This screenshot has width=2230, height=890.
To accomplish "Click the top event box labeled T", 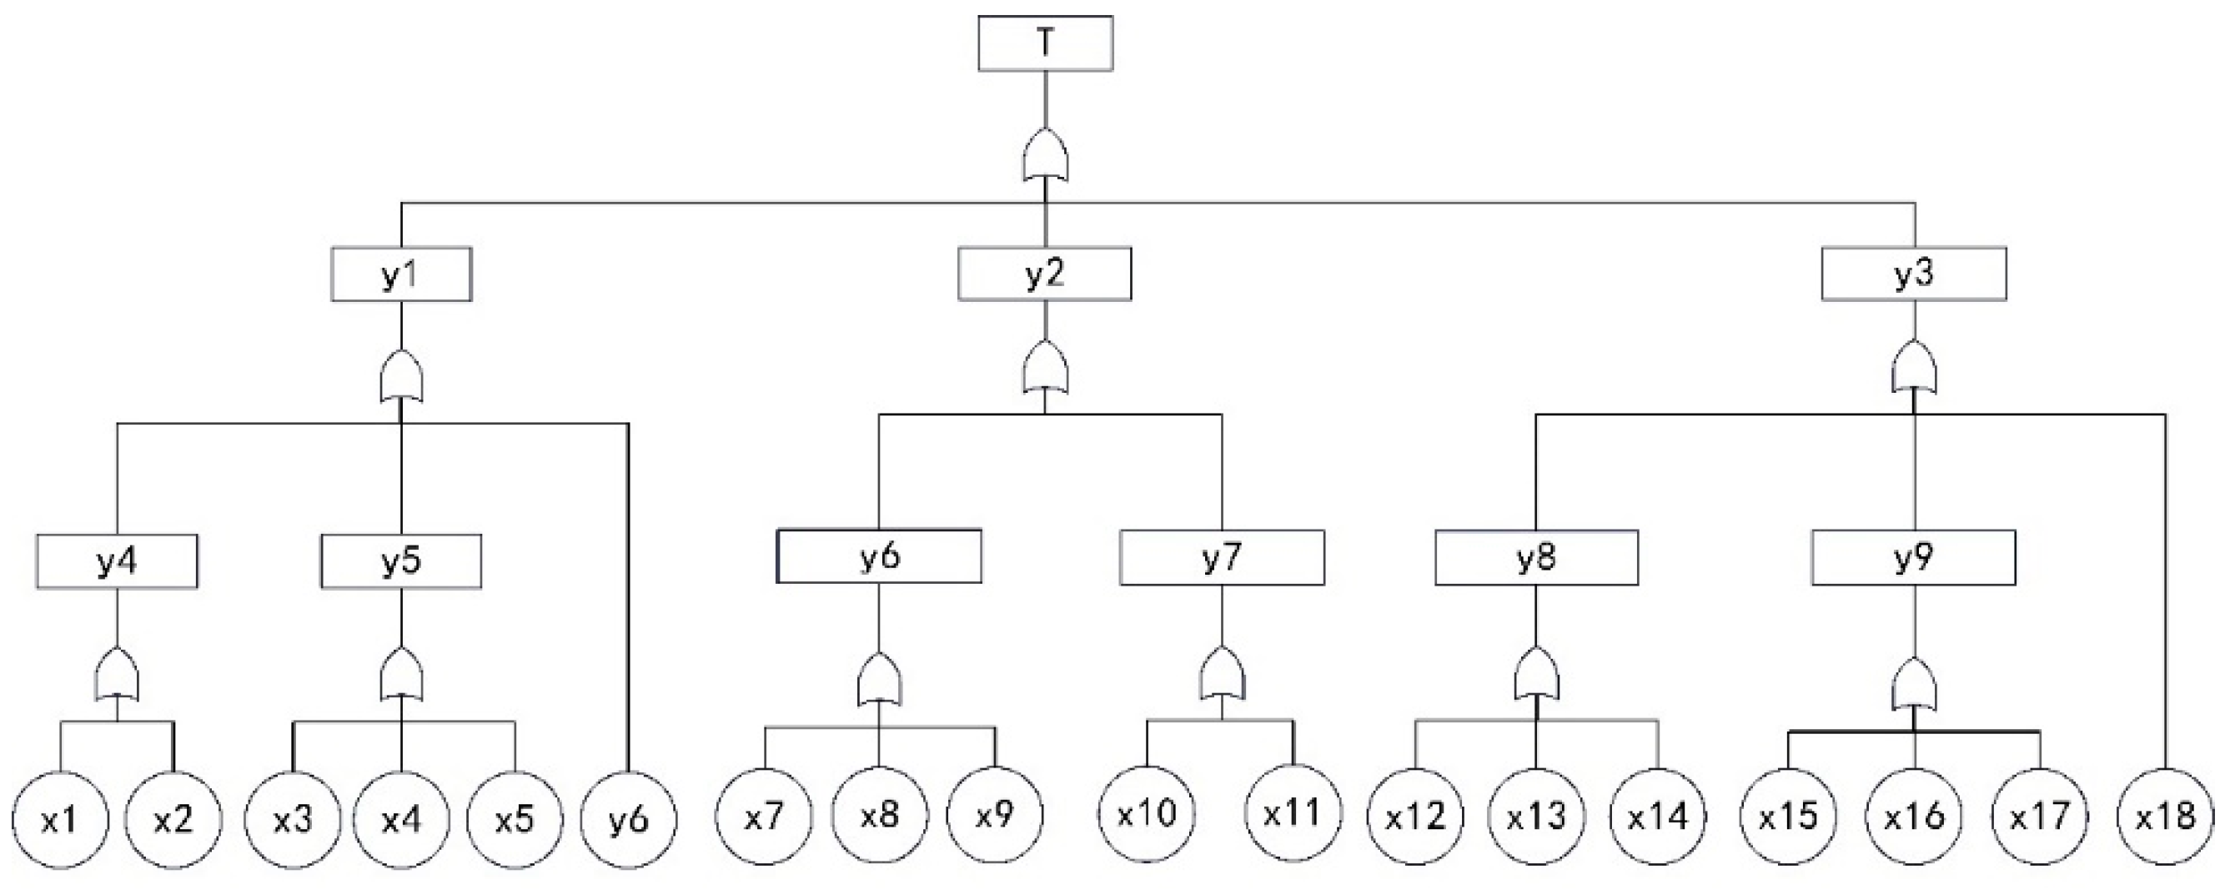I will [x=1045, y=43].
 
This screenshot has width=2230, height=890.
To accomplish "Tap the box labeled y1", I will [x=401, y=274].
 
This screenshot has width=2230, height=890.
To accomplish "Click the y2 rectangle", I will [x=1044, y=274].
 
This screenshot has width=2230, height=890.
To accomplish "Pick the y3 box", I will [x=1914, y=274].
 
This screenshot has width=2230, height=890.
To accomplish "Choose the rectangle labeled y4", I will [x=117, y=561].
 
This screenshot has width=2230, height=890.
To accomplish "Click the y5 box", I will [x=401, y=561].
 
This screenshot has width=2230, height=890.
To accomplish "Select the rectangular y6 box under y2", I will [x=879, y=556].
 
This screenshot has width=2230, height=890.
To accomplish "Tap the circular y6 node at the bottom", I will [x=629, y=818].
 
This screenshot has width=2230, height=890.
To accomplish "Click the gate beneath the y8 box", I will [x=1537, y=674].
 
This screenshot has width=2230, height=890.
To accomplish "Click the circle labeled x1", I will [x=60, y=818].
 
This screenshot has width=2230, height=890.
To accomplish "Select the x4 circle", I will [x=401, y=818].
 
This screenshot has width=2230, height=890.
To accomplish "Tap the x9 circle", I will [x=994, y=815].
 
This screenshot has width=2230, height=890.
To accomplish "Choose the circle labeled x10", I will [x=1147, y=813].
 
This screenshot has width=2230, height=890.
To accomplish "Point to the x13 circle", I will [x=1537, y=817].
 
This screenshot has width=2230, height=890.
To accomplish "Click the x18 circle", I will [x=2164, y=817].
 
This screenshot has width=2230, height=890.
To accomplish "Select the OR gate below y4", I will [x=117, y=674].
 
